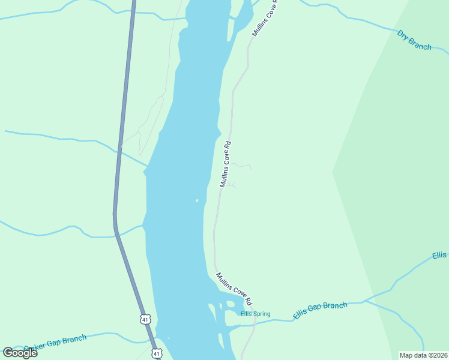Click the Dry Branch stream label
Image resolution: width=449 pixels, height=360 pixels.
pos(414,40)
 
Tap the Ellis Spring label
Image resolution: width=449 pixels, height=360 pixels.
pos(256,314)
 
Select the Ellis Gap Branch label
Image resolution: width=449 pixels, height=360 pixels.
pos(320,310)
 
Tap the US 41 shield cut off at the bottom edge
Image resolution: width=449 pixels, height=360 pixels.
pos(157,355)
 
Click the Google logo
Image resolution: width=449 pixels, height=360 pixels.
pos(20,352)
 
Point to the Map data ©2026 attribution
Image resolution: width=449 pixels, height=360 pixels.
pos(423,355)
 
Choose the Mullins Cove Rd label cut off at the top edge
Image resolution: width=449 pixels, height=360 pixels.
pos(264,19)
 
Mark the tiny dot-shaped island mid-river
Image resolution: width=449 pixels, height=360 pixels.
pos(196,200)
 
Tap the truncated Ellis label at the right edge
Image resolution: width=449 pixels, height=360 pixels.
pos(439,256)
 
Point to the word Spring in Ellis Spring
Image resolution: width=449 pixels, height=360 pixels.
pos(262,314)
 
